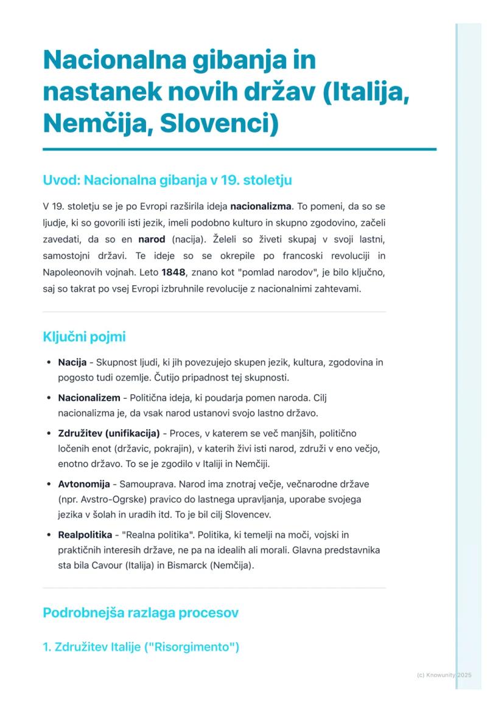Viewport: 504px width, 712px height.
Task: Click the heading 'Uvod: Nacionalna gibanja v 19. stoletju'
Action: (167, 181)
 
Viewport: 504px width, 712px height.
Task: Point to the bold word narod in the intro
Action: (152, 238)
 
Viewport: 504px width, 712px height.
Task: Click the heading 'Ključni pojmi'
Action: (84, 336)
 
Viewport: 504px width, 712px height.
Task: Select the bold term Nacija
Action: (72, 363)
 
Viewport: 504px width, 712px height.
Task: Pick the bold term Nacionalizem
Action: (89, 398)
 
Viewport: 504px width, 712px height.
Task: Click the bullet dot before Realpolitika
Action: (49, 535)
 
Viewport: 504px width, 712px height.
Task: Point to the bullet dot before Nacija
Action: (49, 363)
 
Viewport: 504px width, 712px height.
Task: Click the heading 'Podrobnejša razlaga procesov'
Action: (141, 613)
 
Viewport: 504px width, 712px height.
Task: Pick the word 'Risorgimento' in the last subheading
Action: (195, 646)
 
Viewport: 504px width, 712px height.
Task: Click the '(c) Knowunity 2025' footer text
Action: (444, 675)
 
